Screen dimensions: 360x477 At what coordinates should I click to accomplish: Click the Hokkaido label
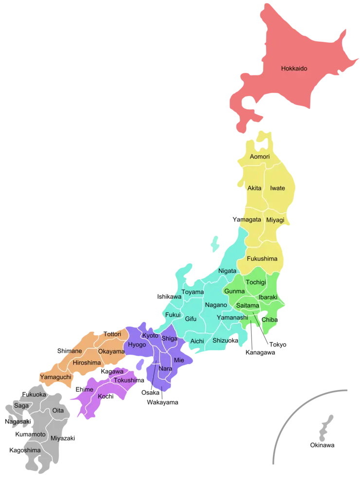(294, 69)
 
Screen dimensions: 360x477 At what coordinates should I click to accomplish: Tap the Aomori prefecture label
(259, 157)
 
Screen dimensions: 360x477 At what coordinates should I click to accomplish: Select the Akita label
(254, 188)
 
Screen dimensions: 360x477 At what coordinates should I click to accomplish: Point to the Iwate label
(277, 188)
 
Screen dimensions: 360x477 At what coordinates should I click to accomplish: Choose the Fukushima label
(262, 258)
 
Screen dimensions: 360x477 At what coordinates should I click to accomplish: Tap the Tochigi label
(256, 282)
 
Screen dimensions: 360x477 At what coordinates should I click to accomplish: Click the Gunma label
(234, 291)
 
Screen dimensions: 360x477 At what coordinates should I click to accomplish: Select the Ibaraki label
(268, 297)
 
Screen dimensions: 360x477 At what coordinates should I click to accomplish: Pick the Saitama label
(247, 305)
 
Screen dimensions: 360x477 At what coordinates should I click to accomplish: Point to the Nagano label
(216, 305)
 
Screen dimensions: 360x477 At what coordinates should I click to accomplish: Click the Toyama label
(193, 292)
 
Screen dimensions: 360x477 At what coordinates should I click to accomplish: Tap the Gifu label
(191, 319)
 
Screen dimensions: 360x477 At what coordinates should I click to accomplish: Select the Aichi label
(197, 341)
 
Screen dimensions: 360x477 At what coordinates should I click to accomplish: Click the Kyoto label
(150, 336)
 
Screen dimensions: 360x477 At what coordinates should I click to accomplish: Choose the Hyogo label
(137, 345)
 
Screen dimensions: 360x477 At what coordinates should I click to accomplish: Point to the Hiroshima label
(87, 363)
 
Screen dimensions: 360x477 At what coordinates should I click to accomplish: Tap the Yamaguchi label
(55, 377)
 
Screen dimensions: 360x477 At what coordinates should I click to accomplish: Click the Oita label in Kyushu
(58, 410)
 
